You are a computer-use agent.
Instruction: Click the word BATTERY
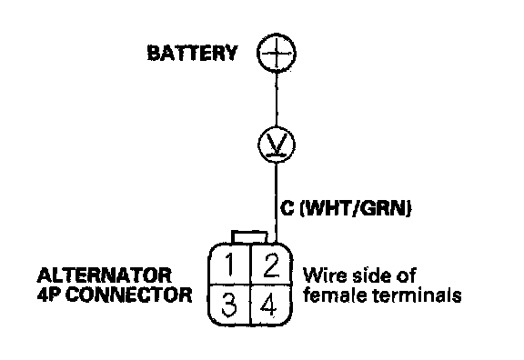click(192, 53)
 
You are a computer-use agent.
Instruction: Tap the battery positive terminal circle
click(277, 53)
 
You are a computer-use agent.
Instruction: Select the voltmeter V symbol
click(277, 145)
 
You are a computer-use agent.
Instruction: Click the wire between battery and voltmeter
click(277, 99)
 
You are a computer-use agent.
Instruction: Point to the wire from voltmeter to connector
click(276, 203)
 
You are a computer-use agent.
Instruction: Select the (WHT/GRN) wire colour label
click(356, 209)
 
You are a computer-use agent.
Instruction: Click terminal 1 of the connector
click(229, 265)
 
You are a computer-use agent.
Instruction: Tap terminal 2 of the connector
click(271, 265)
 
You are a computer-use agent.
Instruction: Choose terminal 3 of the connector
click(229, 305)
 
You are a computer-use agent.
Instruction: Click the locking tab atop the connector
click(249, 237)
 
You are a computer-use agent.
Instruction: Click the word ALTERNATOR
click(105, 275)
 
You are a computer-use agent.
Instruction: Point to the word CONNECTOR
click(129, 295)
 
